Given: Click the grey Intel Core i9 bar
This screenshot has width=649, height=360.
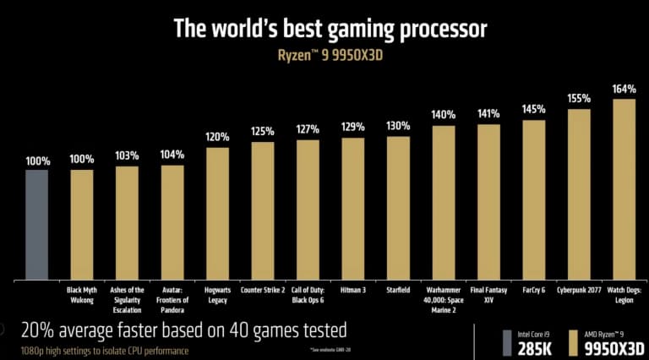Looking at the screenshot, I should coord(36,224).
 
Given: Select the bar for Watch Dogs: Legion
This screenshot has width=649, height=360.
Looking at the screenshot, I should coord(624,189).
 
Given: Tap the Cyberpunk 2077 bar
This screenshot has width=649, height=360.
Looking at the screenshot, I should coord(579,194).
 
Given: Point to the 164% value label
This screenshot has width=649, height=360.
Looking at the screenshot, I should coord(624,88).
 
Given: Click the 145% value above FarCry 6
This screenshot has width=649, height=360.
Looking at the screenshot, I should coord(533,109).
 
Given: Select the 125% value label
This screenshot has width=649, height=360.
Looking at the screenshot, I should coord(263,131).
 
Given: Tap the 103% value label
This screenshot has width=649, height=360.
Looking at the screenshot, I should coord(127,155).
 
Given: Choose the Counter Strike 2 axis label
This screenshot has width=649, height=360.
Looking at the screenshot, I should coord(263,290).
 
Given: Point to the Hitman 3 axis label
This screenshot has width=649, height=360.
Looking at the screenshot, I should coord(353,290).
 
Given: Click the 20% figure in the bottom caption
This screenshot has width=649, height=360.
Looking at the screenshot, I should coord(38,329).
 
